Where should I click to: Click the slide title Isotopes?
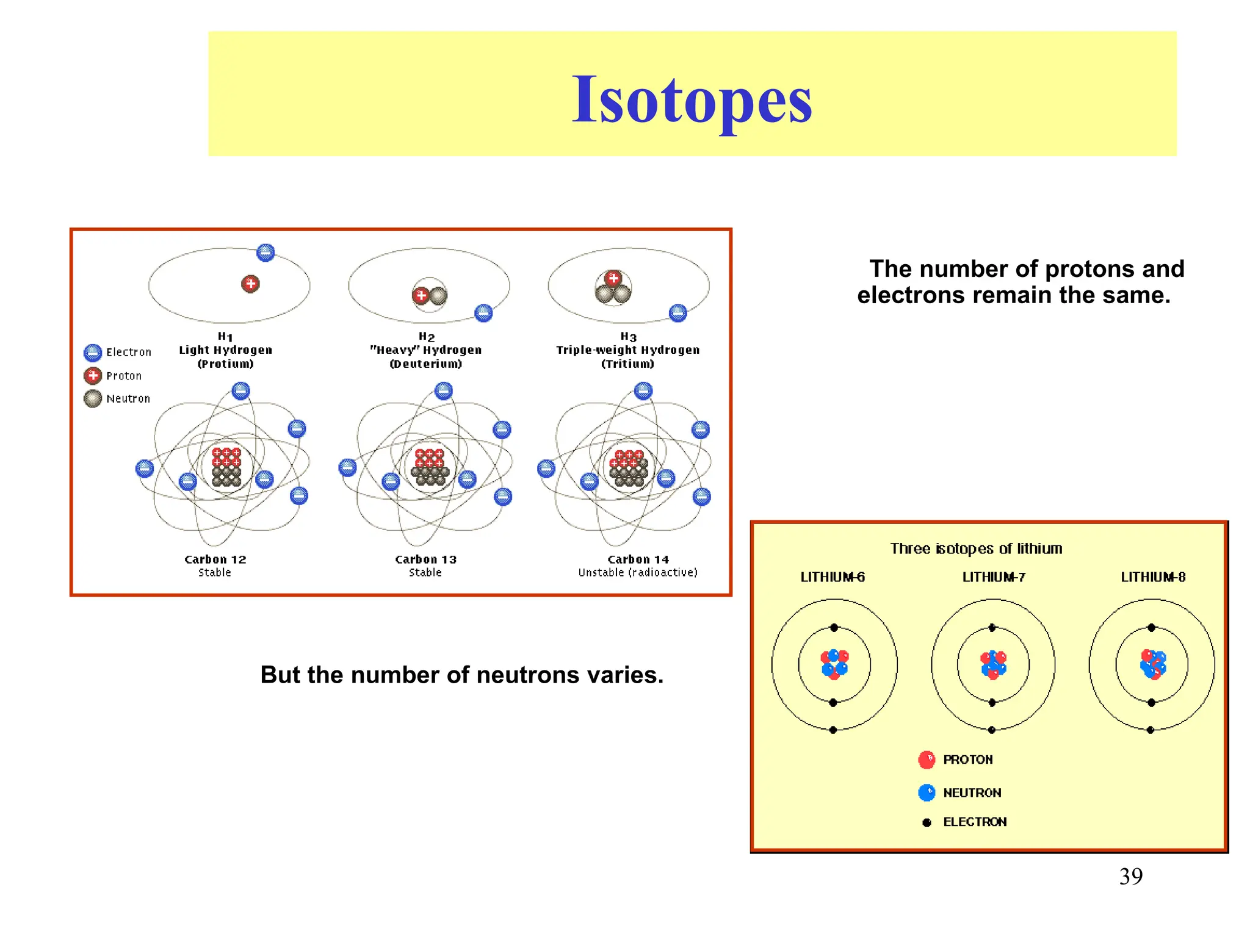(692, 99)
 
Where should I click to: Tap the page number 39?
(1130, 877)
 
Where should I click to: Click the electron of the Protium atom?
(266, 253)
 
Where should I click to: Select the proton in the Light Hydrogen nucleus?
(250, 284)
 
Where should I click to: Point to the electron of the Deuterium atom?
(483, 314)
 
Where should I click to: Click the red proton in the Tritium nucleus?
(613, 278)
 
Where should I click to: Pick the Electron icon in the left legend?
(93, 353)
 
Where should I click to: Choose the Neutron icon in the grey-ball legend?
(93, 398)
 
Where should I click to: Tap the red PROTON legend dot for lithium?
(927, 759)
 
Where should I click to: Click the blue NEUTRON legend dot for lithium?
(927, 792)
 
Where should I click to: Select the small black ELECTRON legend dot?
(927, 822)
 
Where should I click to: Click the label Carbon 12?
(215, 559)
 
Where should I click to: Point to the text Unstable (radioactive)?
(637, 572)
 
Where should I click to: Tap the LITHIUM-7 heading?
(994, 577)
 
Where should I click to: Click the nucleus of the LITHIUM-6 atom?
(834, 664)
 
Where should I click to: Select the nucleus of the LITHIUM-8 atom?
(1152, 664)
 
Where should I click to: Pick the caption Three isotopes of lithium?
(976, 548)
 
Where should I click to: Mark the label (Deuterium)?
(426, 364)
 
